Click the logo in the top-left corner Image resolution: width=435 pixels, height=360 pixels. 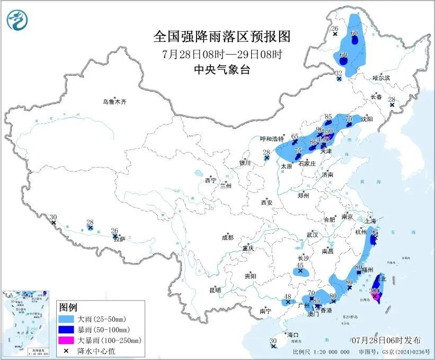pos(18,21)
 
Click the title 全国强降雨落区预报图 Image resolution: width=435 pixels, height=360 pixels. pos(223,37)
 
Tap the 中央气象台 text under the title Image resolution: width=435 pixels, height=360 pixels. pos(222,69)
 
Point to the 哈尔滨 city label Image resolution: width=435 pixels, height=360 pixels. pos(380,78)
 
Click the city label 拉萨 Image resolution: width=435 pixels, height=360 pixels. pos(121,239)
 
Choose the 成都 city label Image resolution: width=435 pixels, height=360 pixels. pos(227,238)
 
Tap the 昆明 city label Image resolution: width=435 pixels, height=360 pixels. pos(215,290)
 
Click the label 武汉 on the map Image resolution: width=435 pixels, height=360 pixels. pos(312,234)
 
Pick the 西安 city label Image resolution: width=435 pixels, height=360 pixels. pos(266,203)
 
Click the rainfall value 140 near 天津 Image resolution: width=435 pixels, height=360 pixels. pos(324,139)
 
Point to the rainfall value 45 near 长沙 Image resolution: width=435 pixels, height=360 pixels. pos(300,265)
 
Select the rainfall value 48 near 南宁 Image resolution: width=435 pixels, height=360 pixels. pos(288,296)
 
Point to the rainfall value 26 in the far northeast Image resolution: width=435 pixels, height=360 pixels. pos(334,28)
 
